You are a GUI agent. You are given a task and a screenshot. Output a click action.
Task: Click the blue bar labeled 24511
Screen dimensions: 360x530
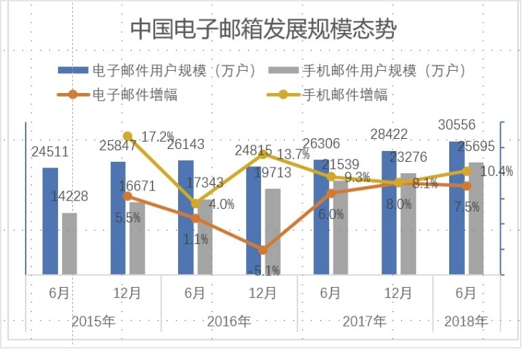(50, 222)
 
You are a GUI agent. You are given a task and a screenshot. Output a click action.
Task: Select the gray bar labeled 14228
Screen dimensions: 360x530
(69, 243)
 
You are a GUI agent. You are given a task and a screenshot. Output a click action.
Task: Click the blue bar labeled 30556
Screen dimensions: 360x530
(456, 208)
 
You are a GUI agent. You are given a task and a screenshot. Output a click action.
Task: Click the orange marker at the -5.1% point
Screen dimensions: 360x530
(263, 250)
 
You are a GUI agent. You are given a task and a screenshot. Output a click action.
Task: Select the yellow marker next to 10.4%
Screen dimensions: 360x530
(466, 171)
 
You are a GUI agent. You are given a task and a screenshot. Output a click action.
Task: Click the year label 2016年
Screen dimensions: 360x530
(229, 321)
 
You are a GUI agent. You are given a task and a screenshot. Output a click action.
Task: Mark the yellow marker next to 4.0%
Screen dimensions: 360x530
(195, 203)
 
